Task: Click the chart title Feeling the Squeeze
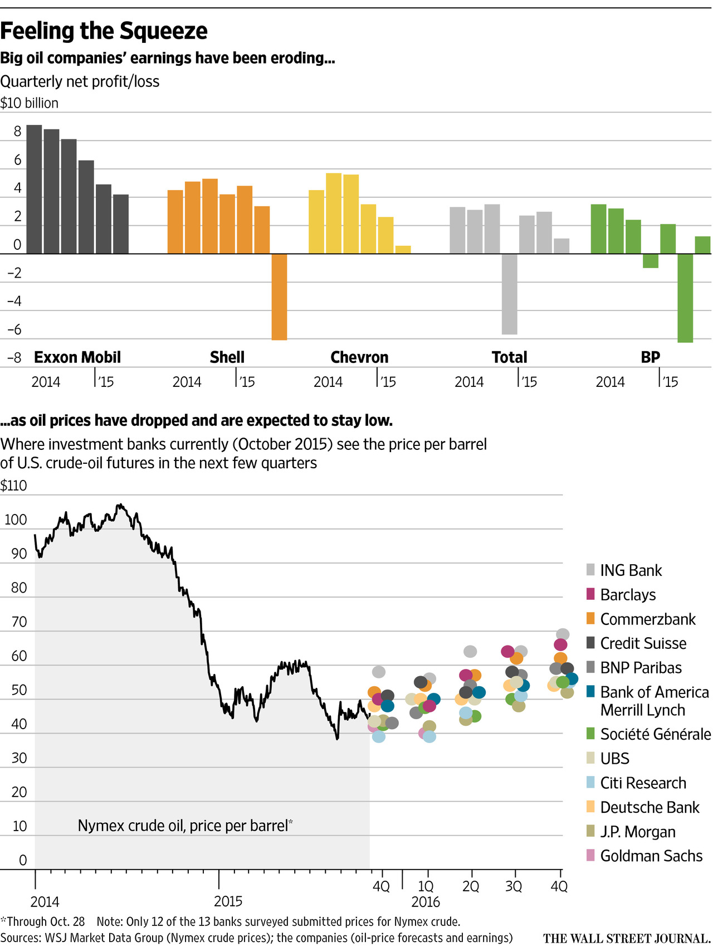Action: [x=104, y=31]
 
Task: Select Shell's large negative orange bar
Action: [x=279, y=297]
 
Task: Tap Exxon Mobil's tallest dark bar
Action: [x=35, y=189]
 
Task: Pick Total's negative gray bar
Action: [x=509, y=294]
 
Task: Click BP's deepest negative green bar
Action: [x=685, y=298]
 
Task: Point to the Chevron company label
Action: [x=359, y=357]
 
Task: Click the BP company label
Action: [x=650, y=357]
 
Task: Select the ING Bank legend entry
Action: [x=631, y=570]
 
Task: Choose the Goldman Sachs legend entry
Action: [x=651, y=856]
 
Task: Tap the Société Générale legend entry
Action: [x=655, y=734]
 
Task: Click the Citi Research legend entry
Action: [x=643, y=783]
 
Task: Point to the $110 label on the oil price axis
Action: [x=14, y=486]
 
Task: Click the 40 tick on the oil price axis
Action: [x=19, y=724]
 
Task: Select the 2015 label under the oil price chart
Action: [x=228, y=901]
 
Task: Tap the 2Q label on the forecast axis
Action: [x=471, y=886]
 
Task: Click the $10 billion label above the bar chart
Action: [x=30, y=103]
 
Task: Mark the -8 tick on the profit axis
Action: [x=14, y=358]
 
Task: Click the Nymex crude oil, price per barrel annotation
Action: [x=185, y=826]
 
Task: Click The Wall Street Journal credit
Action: [x=627, y=938]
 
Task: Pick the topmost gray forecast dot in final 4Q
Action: [x=563, y=634]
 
